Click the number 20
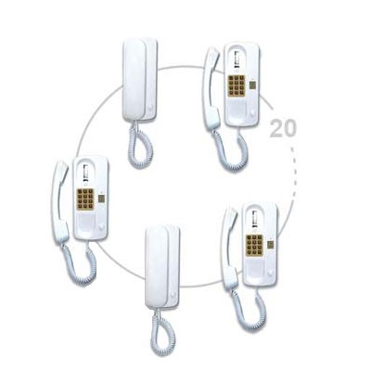pos(283,128)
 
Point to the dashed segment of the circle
pos(294,173)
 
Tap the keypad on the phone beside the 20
pos(237,85)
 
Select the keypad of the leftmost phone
pos(85,199)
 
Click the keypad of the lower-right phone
pos(254,246)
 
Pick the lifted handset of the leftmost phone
pos(60,201)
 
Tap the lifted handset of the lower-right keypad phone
pos(229,249)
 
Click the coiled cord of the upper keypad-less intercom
pos(140,145)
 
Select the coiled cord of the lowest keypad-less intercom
pos(162,331)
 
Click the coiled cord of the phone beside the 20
pos(230,149)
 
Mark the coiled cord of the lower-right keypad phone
pos(249,309)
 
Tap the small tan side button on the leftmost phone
pos(101,198)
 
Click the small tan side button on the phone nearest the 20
pos(252,84)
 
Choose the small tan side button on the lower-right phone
pos(271,245)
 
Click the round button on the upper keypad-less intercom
pos(150,108)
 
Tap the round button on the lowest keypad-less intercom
pos(173,296)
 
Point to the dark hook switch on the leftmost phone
pos(85,173)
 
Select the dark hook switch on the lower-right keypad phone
pos(255,219)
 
